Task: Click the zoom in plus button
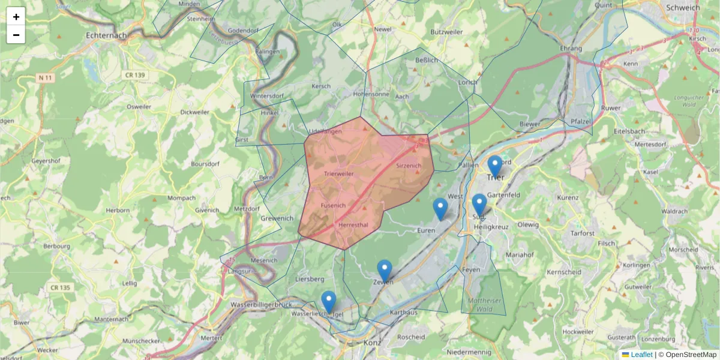coord(16,17)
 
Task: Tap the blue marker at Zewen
coord(385,271)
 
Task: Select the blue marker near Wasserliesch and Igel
coord(329,302)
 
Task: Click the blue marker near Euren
coord(440,209)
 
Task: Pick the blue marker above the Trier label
coord(495,166)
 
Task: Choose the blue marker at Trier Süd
coord(479,205)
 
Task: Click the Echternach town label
coord(107,35)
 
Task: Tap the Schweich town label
coord(683,8)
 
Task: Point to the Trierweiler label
coord(338,174)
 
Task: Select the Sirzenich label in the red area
coord(409,165)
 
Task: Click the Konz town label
coord(373,343)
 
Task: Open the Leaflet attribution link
coord(641,355)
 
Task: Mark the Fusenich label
coord(334,205)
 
